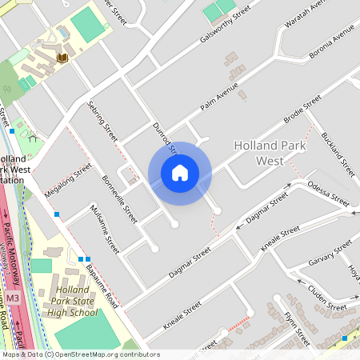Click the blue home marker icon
coord(180,173)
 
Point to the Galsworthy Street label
coord(226,25)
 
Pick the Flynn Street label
coord(296,328)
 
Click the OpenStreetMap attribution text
coord(80,354)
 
